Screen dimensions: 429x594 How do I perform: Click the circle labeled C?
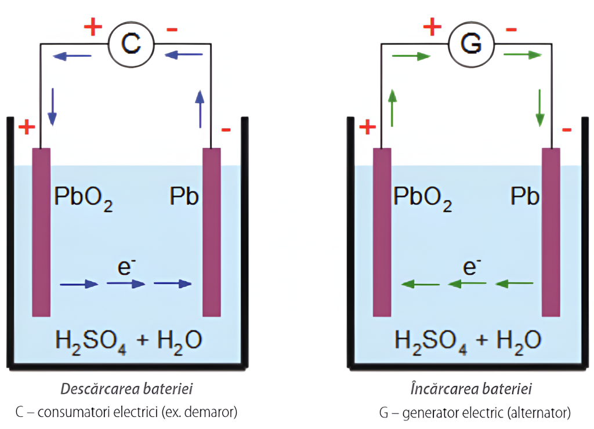click(x=131, y=43)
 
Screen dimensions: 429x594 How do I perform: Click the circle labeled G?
click(x=471, y=43)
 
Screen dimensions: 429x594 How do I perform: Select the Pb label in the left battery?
click(x=184, y=197)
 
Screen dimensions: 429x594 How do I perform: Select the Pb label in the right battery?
click(x=525, y=197)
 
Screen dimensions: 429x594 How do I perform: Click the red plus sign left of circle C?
click(x=93, y=27)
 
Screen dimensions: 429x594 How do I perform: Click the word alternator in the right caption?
click(x=539, y=413)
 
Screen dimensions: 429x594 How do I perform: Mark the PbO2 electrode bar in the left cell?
click(x=41, y=232)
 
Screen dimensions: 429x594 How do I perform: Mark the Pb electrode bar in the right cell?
click(x=550, y=232)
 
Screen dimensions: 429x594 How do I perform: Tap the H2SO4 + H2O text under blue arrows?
click(x=128, y=341)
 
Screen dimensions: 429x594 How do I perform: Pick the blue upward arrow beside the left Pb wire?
click(x=200, y=108)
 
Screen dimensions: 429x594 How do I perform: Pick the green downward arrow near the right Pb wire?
click(x=541, y=108)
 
